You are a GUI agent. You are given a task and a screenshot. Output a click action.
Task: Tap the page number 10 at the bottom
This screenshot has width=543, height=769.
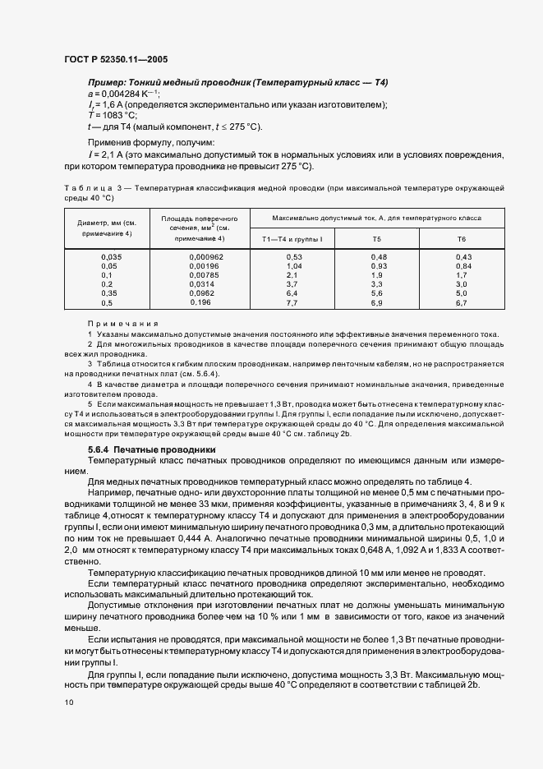click(x=67, y=702)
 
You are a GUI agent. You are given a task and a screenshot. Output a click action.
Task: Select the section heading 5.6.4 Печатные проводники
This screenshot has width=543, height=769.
click(x=151, y=449)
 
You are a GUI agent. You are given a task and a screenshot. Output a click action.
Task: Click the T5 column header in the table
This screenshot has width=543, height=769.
click(x=376, y=238)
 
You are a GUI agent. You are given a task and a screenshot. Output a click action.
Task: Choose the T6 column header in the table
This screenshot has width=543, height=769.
click(x=462, y=238)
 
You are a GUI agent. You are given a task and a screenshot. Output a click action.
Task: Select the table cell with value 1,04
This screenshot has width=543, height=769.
click(x=294, y=266)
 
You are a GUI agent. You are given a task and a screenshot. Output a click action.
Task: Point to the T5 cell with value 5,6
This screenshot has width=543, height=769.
click(x=376, y=293)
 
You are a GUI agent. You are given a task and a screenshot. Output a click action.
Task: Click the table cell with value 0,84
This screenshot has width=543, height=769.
click(x=462, y=266)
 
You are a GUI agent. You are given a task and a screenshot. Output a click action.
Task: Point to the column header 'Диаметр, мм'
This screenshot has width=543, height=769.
click(x=107, y=223)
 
